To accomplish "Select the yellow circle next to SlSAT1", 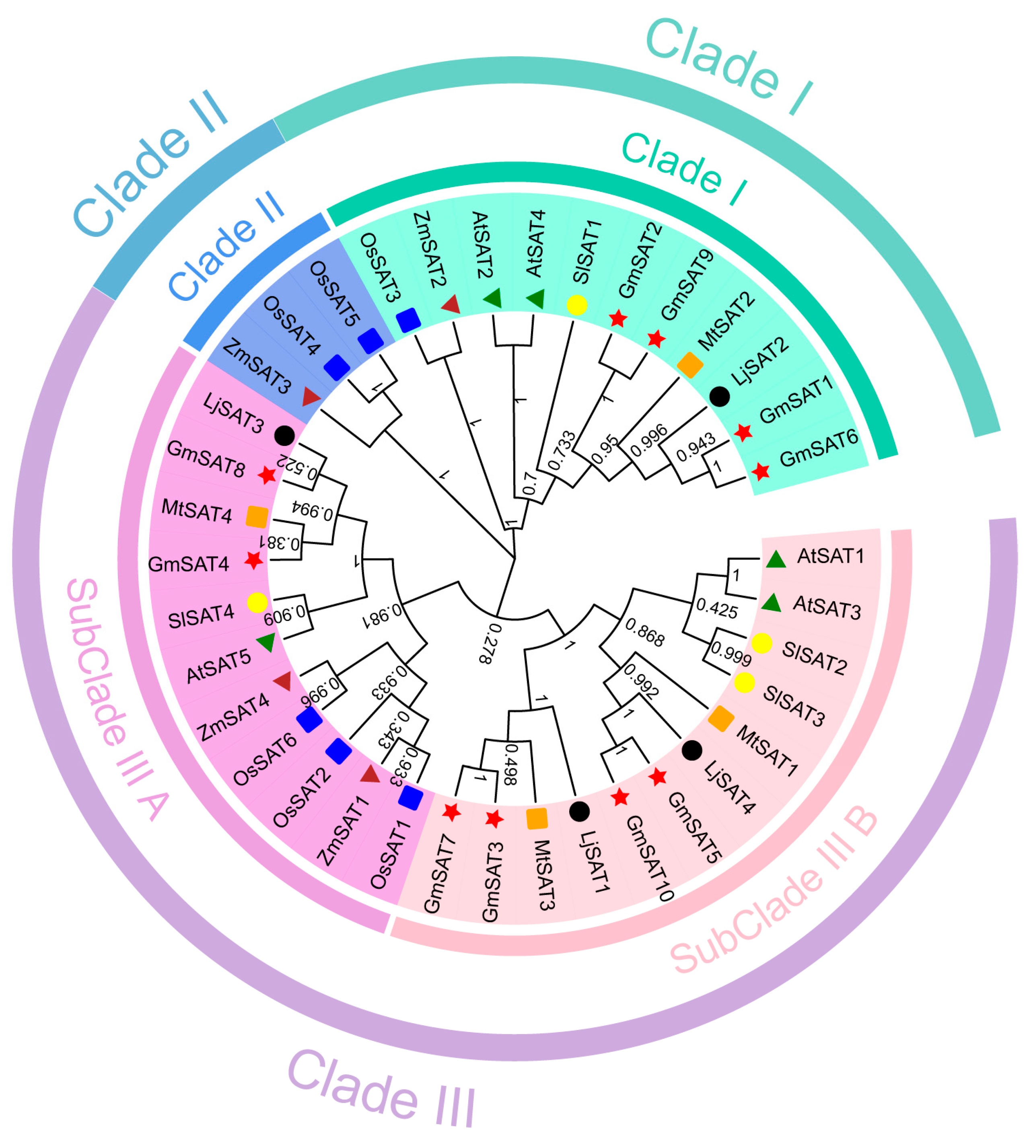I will pos(577,305).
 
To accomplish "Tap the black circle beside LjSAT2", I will pos(719,397).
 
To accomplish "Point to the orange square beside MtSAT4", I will pos(257,516).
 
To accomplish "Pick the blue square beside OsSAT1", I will pos(410,798).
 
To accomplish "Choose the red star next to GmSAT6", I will pos(761,471).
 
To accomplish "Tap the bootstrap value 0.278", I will pos(489,644).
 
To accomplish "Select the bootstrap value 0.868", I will pos(645,632).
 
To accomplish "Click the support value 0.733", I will pos(561,450).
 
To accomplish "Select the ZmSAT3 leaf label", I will pos(257,367).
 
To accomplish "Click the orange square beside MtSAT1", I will pos(721,718).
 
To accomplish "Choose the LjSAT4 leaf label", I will pos(729,787).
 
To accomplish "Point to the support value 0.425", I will pos(716,609).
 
